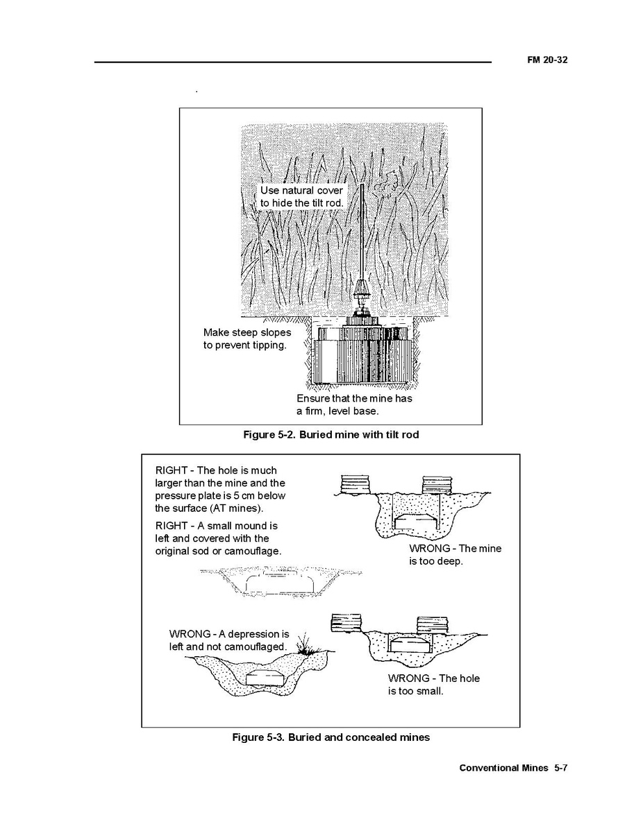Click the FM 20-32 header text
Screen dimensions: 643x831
coord(547,60)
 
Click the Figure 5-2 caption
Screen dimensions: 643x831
coord(331,435)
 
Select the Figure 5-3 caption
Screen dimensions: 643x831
coord(331,737)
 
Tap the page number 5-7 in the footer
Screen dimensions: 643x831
coord(561,768)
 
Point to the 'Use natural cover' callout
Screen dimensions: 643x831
coord(301,196)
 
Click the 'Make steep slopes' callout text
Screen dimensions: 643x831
coord(247,339)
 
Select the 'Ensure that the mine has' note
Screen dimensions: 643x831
coord(354,404)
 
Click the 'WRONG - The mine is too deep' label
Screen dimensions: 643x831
coord(456,554)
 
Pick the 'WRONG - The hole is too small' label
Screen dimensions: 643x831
coord(434,684)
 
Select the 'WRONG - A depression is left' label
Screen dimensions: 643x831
coord(229,640)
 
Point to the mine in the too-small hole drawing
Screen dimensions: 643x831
coord(409,644)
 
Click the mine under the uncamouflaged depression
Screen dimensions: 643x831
coord(267,678)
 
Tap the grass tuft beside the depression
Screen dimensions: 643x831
coord(305,644)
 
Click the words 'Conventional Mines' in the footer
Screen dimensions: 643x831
coord(504,768)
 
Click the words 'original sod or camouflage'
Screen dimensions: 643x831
coord(218,551)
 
